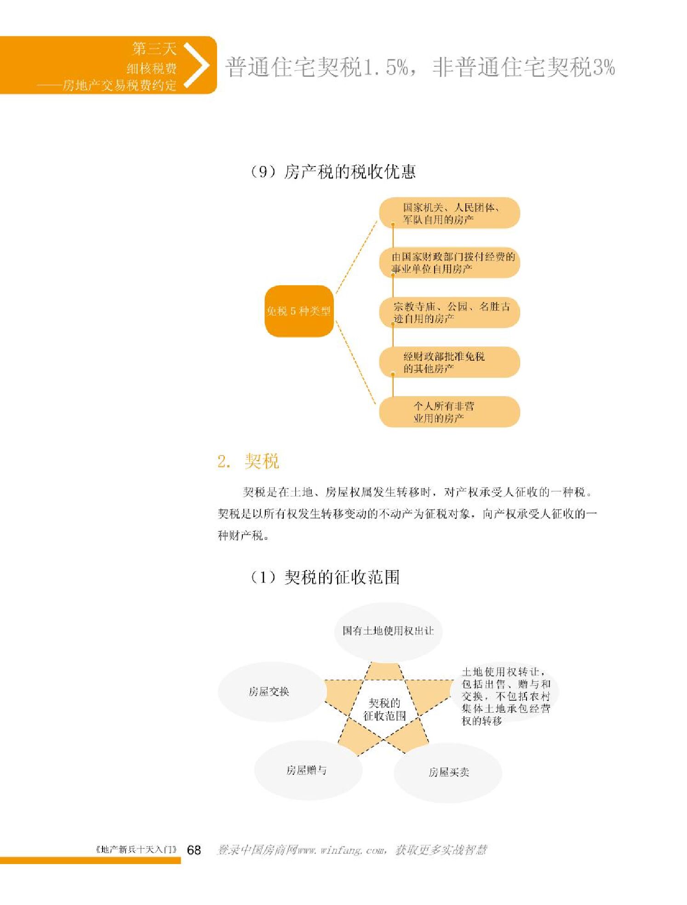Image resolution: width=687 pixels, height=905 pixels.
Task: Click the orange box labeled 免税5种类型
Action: click(x=299, y=311)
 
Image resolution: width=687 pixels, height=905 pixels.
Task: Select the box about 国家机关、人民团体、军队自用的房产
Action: click(x=449, y=213)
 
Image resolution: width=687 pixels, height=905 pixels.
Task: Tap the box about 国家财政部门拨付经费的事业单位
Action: click(x=449, y=263)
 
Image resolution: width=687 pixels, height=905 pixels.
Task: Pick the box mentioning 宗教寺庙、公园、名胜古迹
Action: click(x=449, y=312)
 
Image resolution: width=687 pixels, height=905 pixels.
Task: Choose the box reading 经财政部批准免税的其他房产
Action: click(x=449, y=362)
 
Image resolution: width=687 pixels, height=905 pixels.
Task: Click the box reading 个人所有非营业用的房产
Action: click(x=449, y=412)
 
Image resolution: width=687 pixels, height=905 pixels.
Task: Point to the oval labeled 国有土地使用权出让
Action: click(x=388, y=631)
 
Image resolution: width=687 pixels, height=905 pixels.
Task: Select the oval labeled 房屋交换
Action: click(x=269, y=692)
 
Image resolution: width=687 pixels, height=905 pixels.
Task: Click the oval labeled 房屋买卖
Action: click(x=448, y=772)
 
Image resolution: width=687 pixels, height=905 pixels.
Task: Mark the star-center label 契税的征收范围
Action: click(x=384, y=709)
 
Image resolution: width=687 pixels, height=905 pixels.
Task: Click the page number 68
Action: click(x=194, y=850)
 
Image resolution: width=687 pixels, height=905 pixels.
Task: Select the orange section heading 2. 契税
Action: click(x=248, y=461)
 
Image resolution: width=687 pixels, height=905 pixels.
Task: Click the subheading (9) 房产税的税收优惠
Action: click(x=332, y=172)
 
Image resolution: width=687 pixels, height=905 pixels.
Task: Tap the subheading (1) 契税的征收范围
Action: click(x=324, y=577)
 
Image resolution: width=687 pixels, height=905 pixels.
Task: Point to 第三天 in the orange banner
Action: click(x=154, y=48)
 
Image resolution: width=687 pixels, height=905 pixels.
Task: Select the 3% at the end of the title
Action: click(x=603, y=68)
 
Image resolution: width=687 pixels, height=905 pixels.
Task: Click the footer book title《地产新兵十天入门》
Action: click(x=136, y=849)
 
